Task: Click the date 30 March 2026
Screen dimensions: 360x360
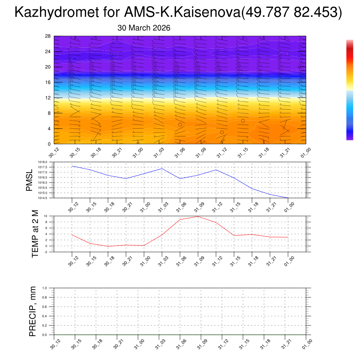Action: [x=144, y=28]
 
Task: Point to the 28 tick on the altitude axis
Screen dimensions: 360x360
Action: [x=49, y=36]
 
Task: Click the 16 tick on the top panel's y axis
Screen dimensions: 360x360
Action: [x=49, y=82]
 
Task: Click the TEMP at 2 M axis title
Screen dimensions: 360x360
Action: [x=35, y=233]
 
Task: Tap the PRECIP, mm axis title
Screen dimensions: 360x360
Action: [x=32, y=311]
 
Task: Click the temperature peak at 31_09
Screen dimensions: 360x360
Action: [x=198, y=216]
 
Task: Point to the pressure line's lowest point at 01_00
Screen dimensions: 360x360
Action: [x=288, y=198]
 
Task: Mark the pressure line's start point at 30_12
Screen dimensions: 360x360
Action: [x=72, y=166]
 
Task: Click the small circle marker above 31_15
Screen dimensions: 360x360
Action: [x=243, y=121]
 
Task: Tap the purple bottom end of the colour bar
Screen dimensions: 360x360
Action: [x=349, y=138]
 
